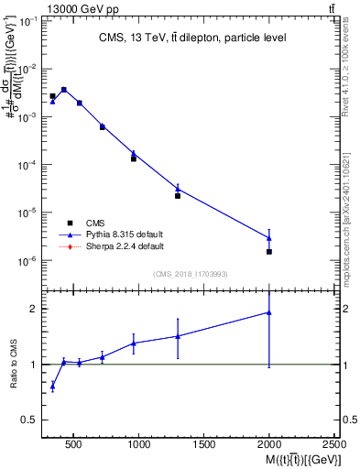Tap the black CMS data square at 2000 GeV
click(269, 251)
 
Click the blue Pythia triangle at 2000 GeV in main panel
click(269, 238)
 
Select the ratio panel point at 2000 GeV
click(269, 312)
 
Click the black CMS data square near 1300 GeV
click(178, 196)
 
